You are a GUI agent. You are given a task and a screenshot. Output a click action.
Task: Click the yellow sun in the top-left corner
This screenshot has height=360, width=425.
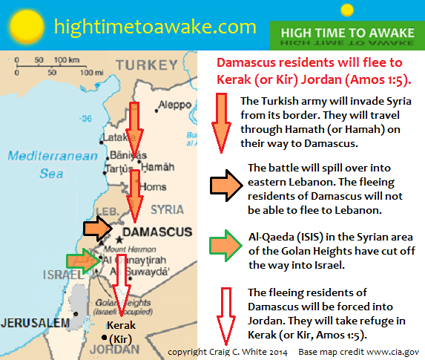[x=25, y=24]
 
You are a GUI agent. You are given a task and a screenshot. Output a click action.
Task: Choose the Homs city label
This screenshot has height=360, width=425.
[x=154, y=187]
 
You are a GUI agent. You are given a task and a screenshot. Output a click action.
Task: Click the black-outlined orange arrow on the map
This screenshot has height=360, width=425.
[x=98, y=227]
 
